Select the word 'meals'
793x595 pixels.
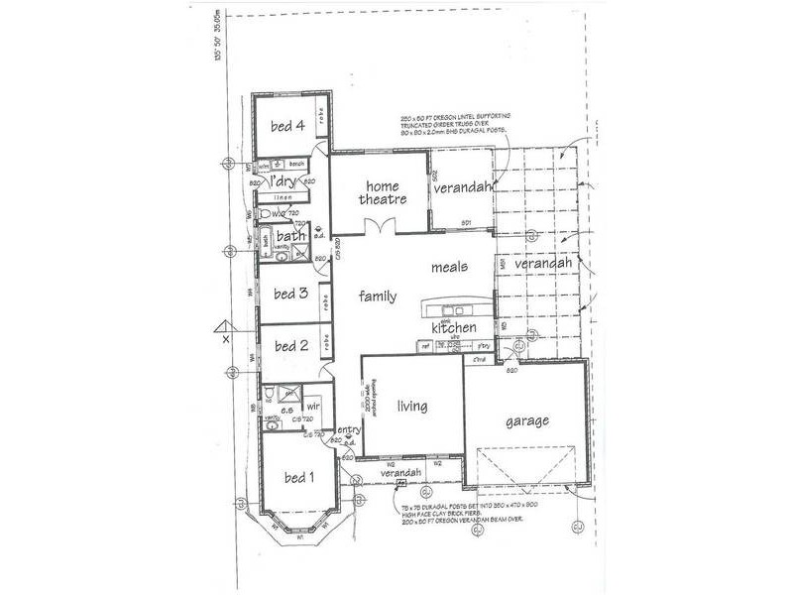(449, 267)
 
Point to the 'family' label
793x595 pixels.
(378, 296)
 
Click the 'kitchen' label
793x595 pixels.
(454, 327)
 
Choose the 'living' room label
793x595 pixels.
(412, 406)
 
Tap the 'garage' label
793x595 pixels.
(527, 420)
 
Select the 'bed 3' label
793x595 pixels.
(290, 293)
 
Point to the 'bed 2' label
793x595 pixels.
(290, 346)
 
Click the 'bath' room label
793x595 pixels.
(290, 236)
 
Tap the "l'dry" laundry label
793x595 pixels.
(283, 180)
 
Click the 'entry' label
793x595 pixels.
(348, 430)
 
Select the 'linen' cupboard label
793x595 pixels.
(283, 197)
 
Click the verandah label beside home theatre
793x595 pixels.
(462, 185)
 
